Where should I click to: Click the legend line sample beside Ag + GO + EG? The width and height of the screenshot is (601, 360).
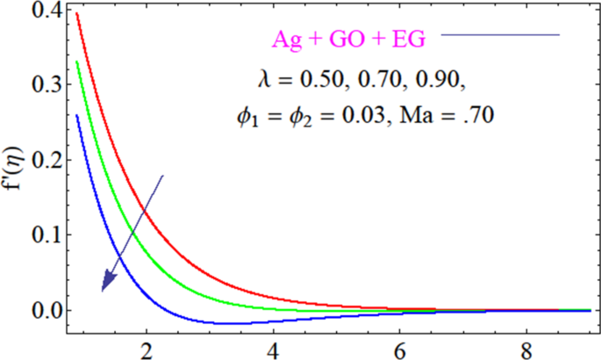click(500, 35)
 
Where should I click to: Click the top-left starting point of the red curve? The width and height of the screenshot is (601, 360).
click(77, 13)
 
